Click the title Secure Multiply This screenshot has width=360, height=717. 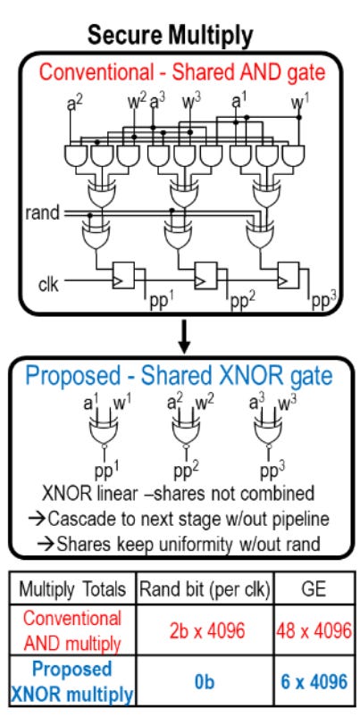pos(170,36)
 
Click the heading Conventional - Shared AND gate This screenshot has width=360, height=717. pos(181,71)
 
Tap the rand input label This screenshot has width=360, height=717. pos(43,213)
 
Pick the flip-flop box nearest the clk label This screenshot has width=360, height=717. pos(123,275)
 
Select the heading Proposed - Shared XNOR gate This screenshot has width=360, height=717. pos(179,375)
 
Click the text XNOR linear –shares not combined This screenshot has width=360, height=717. pos(178,494)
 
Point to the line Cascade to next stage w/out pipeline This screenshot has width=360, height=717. pos(179,519)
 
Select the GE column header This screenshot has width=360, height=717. pos(314,589)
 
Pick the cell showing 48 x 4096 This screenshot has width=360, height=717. pos(314,631)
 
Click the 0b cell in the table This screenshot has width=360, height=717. pos(205,682)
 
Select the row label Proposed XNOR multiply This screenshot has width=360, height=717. pos(72,681)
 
